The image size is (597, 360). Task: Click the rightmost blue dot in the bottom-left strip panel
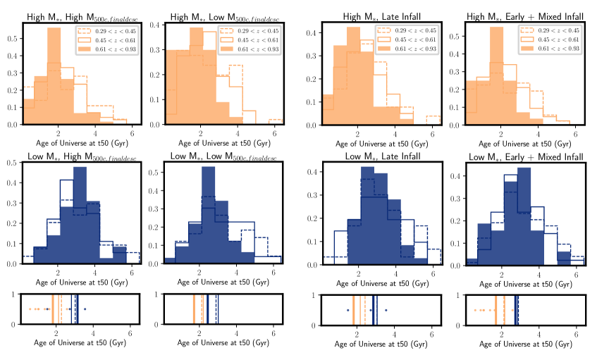[x=85, y=309]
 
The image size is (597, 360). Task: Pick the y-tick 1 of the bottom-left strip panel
[x=16, y=294]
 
